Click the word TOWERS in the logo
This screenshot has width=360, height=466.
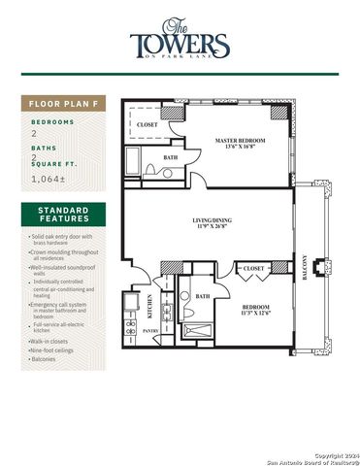(x=181, y=46)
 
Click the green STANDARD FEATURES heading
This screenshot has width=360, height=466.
(x=64, y=215)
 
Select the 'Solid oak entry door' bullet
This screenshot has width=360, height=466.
(x=63, y=239)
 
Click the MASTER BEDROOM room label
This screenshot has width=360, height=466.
(x=240, y=141)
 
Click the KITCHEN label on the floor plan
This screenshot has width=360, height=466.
(x=149, y=307)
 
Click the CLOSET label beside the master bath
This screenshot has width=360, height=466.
(x=147, y=125)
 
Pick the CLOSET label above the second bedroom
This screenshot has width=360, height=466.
(x=253, y=268)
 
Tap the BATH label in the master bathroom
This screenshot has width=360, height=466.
(x=170, y=157)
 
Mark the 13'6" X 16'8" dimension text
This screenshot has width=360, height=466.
(x=240, y=149)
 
